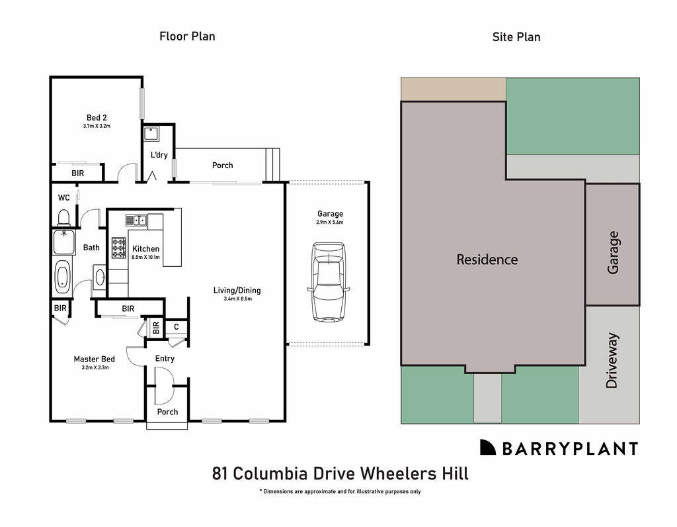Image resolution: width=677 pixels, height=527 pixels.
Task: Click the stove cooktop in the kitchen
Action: pos(119,248)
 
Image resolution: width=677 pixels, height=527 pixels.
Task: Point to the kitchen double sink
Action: pos(136,220)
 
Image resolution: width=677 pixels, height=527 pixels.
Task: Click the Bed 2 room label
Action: pos(97,118)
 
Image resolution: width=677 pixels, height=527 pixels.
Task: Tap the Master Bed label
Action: pos(94,359)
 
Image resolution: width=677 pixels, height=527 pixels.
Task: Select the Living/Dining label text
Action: pos(237,290)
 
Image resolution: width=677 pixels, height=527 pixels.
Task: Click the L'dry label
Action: pos(159,155)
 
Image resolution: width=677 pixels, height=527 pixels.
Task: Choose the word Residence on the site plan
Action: pos(487,260)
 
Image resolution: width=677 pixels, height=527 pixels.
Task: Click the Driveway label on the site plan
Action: pos(612,360)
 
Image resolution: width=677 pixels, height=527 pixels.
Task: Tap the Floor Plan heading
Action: pos(187,36)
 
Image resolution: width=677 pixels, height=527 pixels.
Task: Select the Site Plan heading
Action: pos(516,37)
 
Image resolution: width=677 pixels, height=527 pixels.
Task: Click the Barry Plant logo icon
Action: pos(487,448)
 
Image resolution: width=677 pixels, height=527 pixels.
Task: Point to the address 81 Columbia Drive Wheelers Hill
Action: pos(340,473)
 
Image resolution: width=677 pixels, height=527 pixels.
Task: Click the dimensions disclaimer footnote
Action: pos(340,491)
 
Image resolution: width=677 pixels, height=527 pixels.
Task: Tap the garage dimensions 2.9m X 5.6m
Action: pos(330,222)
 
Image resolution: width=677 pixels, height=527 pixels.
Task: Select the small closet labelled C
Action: pos(177,326)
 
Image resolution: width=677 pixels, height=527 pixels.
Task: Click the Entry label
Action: pos(165,358)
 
